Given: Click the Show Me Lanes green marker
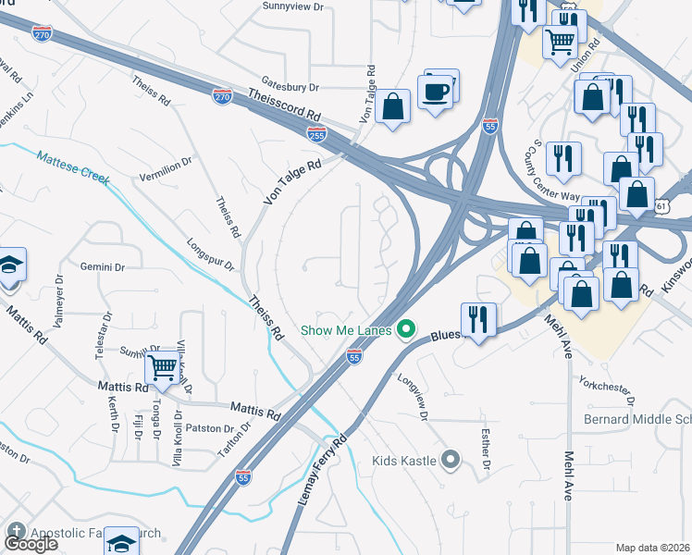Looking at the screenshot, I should [x=404, y=329].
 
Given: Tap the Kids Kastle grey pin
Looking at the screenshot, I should [x=451, y=459].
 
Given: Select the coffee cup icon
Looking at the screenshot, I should [x=434, y=92].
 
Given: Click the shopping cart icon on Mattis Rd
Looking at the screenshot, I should [x=163, y=367].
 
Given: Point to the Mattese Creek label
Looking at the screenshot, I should [x=72, y=165].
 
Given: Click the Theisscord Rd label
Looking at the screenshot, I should [x=285, y=105].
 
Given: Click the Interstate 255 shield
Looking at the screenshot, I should [x=316, y=135].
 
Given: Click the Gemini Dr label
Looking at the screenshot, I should [x=102, y=266].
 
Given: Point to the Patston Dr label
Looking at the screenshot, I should [x=210, y=428].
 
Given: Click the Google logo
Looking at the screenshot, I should [x=31, y=544].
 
